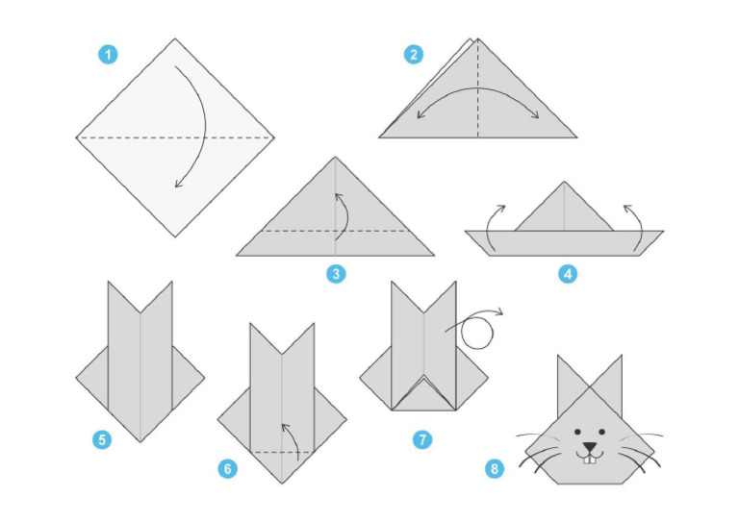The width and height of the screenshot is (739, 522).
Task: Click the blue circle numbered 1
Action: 108,55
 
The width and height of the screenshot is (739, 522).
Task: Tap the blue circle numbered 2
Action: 414,55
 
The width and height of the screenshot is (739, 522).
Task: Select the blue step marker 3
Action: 335,275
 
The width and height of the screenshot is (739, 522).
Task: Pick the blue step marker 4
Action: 568,275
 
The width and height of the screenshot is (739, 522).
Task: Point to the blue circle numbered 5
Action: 101,440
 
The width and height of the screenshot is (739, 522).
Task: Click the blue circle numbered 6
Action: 227,468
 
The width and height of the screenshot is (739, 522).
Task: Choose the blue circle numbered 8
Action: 495,468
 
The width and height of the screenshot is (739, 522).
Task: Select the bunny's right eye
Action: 602,432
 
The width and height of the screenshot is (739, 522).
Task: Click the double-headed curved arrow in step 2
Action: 478,96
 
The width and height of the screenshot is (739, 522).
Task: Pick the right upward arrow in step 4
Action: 635,224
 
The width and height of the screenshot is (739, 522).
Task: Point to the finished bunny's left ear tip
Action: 558,357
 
